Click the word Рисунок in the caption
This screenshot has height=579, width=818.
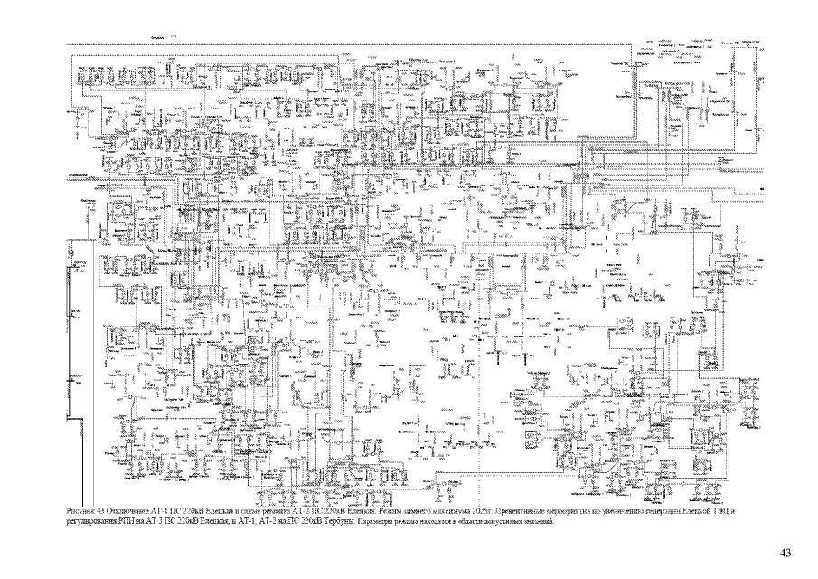pyautogui.click(x=81, y=512)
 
